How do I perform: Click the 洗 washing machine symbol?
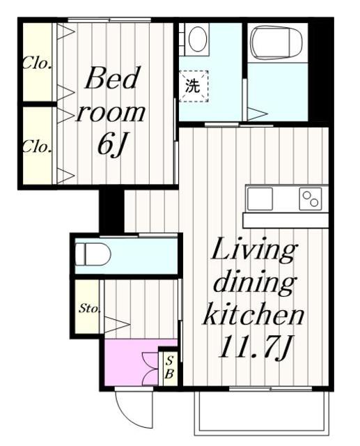click(x=194, y=86)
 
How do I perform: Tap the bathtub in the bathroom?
click(x=277, y=43)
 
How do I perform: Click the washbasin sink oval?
click(x=198, y=38)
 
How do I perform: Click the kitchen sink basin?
click(x=260, y=199)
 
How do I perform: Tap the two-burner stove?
click(x=311, y=199)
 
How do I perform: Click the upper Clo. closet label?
click(x=37, y=63)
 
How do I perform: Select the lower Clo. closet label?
click(x=37, y=146)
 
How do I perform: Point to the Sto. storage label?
click(x=90, y=308)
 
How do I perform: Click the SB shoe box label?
click(x=169, y=367)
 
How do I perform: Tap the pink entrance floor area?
click(x=131, y=362)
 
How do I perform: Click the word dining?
click(x=253, y=282)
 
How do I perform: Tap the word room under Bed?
click(x=111, y=113)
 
